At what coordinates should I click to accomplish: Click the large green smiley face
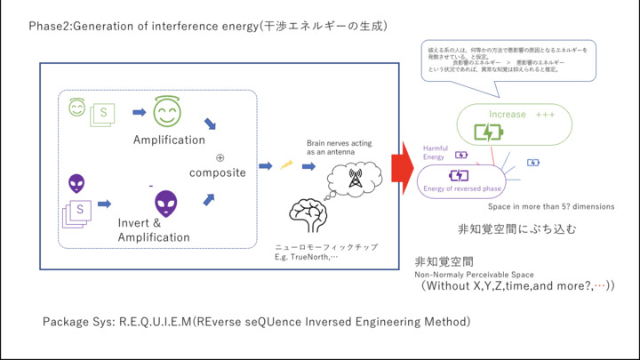(x=166, y=112)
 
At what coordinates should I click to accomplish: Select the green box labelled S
(x=104, y=114)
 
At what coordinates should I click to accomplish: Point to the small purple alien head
(x=77, y=184)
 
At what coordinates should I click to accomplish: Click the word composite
(x=217, y=172)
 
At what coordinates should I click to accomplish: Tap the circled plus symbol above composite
(x=220, y=157)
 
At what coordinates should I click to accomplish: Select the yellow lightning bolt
(x=287, y=164)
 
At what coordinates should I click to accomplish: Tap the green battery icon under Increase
(x=488, y=132)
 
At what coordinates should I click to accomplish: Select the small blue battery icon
(x=532, y=163)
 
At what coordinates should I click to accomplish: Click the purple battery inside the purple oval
(x=458, y=175)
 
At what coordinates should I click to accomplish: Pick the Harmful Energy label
(x=435, y=152)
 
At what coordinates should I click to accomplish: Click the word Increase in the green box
(x=508, y=115)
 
